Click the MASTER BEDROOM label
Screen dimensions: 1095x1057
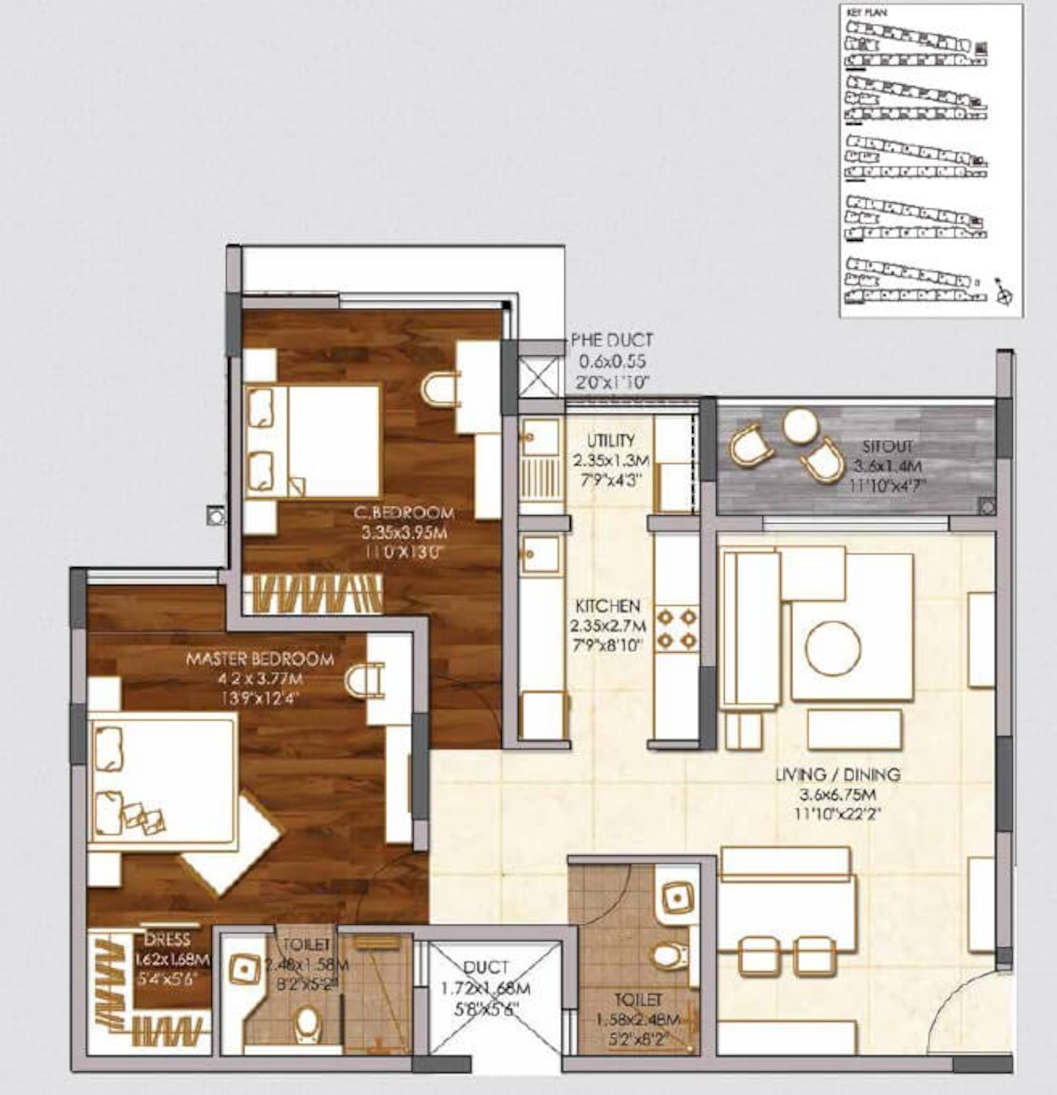[x=260, y=659]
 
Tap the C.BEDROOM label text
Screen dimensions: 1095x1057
[x=404, y=512]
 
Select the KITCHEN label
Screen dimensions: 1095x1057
[x=608, y=606]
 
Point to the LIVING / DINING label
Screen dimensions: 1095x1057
[x=838, y=775]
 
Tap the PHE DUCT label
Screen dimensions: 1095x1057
[x=612, y=340]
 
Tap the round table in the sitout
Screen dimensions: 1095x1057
[x=800, y=426]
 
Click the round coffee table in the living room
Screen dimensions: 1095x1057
[x=833, y=649]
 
